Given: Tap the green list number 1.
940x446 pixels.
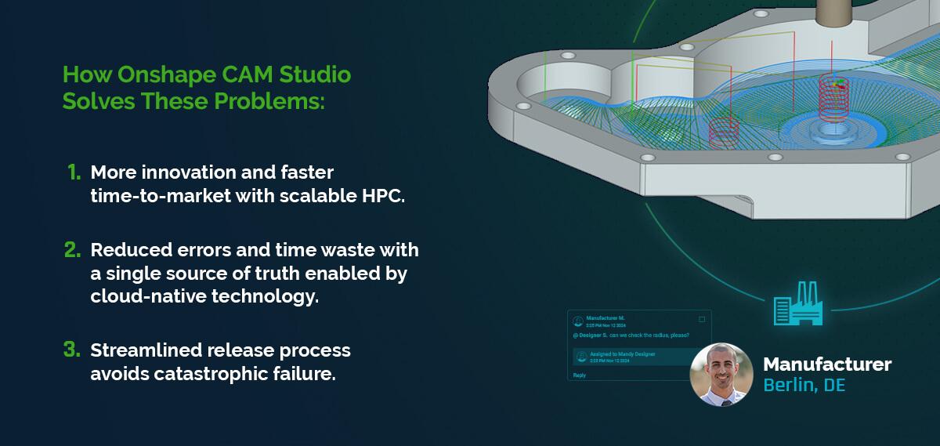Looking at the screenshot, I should (74, 172).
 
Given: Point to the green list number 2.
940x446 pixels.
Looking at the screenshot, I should (73, 251).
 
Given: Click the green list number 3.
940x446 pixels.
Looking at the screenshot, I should (73, 350).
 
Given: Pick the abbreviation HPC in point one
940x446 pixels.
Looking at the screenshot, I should (381, 196).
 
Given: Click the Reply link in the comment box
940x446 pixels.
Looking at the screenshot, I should (580, 375).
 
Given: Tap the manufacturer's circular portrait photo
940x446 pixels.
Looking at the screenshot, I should (721, 374).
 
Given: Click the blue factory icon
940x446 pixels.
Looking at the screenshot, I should (797, 303).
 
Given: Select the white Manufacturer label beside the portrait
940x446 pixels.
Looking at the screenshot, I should (826, 364).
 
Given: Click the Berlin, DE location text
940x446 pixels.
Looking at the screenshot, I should (804, 386).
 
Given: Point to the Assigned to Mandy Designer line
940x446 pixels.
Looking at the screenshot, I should (622, 354).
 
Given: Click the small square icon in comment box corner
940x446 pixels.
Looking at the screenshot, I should (701, 319).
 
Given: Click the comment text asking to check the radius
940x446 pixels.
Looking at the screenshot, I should (631, 335).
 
